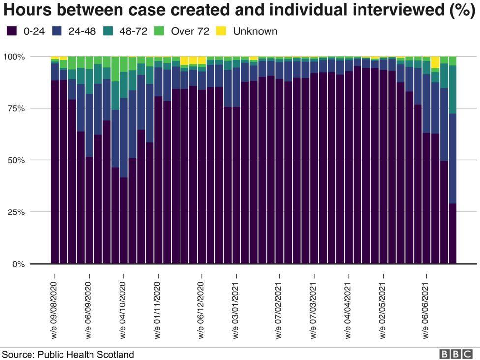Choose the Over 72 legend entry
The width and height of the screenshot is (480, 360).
(x=190, y=31)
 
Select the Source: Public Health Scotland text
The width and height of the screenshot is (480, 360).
(x=68, y=354)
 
